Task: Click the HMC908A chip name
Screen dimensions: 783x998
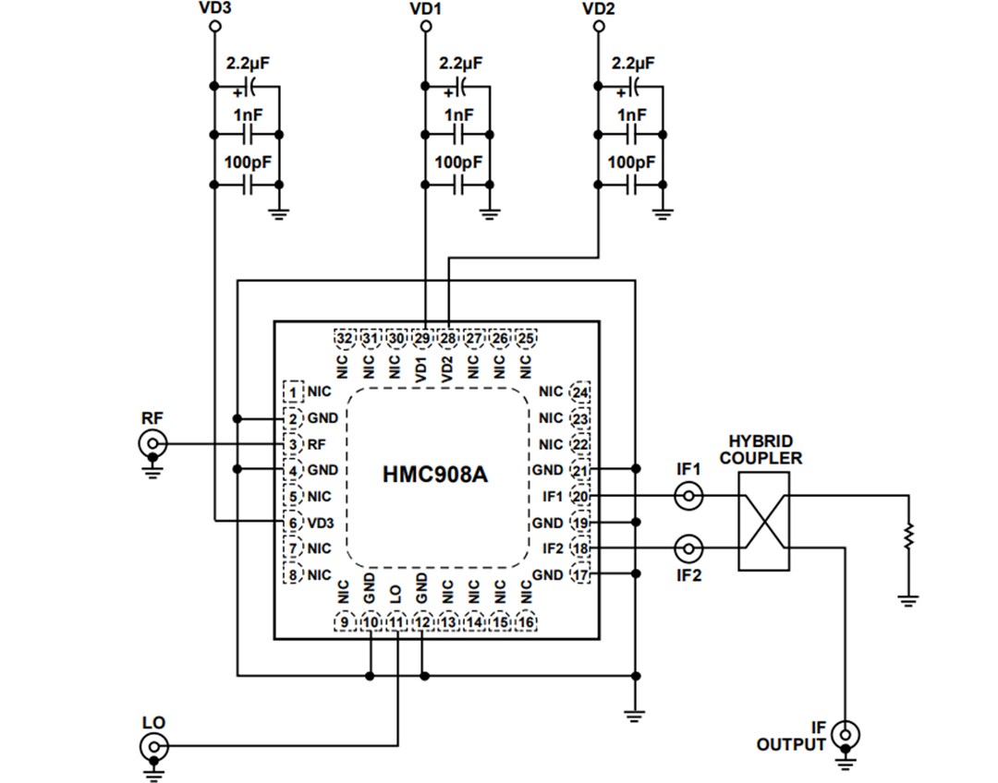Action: coord(434,476)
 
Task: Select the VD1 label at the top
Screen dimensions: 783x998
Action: coord(425,8)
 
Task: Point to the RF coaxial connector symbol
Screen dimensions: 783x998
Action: coord(152,444)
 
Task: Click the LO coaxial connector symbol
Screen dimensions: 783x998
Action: coord(152,746)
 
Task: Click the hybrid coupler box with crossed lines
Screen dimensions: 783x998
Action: coord(764,522)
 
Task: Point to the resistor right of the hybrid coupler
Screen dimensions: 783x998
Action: coord(909,534)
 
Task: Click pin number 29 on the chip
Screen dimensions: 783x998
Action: coord(422,339)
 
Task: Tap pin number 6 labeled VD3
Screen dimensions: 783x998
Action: coord(293,523)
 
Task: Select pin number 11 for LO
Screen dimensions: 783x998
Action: coord(396,622)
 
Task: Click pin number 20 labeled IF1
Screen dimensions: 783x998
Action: coord(580,497)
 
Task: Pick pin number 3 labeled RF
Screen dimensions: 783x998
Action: coord(293,444)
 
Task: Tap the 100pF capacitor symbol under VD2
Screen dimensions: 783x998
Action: coord(631,185)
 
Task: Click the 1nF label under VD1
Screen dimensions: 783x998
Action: coord(458,115)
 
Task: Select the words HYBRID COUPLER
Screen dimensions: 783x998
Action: coord(761,450)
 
